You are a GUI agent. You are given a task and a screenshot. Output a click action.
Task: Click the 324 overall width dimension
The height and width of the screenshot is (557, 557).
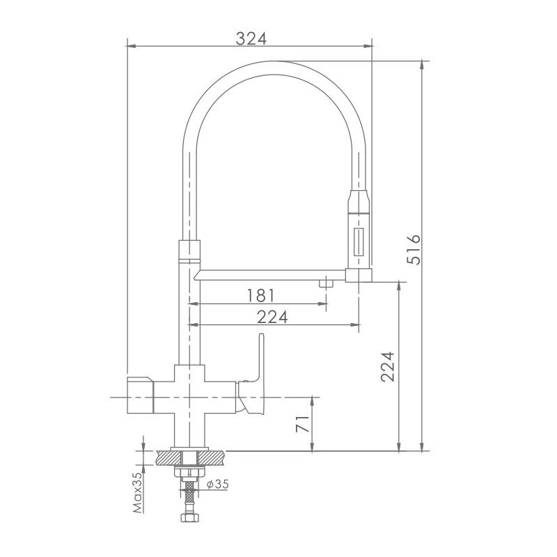click(x=251, y=38)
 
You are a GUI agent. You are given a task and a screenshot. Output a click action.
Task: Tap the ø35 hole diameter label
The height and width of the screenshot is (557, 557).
click(x=217, y=484)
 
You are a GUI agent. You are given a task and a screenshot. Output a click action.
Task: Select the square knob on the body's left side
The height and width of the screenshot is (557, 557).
click(x=139, y=397)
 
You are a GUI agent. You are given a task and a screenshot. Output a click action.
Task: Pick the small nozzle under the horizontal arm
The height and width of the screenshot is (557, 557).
click(x=325, y=282)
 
